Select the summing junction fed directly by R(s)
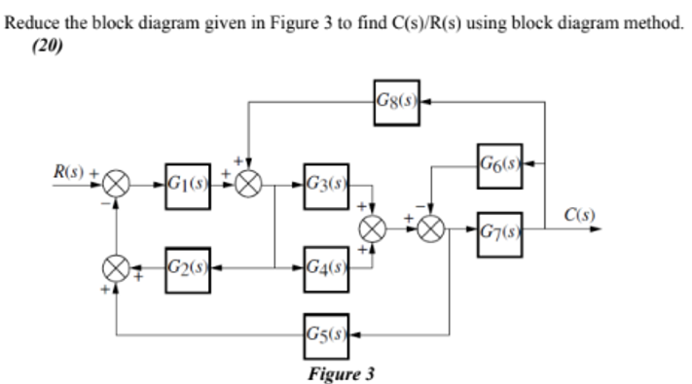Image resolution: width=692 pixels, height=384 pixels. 118,183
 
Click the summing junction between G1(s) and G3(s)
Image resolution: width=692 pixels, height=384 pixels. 250,183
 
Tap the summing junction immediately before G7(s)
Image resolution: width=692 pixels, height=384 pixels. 431,229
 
